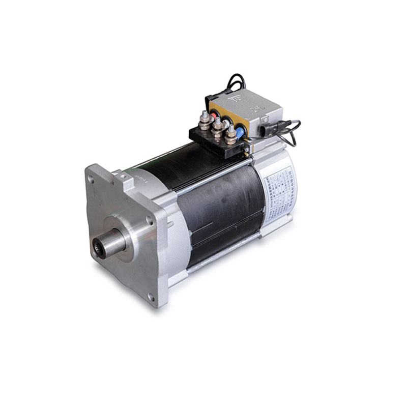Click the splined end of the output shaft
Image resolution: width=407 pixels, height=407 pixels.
113,243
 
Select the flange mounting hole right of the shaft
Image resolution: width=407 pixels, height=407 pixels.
149,220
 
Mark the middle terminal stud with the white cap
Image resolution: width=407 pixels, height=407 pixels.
217,126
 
